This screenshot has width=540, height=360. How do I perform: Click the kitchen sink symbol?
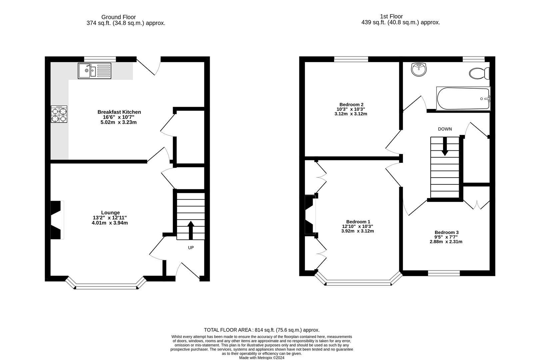(94, 71)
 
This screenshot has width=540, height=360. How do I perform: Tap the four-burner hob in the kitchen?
(59, 114)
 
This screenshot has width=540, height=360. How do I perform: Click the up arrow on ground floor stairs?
(191, 230)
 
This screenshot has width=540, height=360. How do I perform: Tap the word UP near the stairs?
(191, 248)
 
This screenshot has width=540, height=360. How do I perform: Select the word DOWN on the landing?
(445, 129)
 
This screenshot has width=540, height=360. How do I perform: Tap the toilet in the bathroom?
(479, 73)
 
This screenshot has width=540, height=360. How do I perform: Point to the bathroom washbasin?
(419, 69)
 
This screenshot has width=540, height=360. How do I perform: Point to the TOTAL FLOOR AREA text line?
(262, 330)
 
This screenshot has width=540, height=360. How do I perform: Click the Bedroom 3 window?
(444, 273)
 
